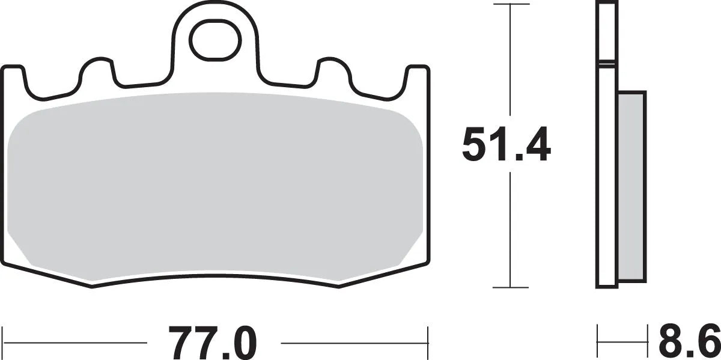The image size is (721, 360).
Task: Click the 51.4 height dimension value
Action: point(506,145)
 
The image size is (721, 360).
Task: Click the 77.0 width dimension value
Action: point(213,343)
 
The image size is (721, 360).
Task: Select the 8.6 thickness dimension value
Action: point(689,341)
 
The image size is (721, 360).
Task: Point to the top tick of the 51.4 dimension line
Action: point(510,5)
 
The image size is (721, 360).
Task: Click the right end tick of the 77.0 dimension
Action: point(427,343)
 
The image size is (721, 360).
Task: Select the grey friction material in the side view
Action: point(631,186)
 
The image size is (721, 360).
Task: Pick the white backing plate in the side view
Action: point(607,180)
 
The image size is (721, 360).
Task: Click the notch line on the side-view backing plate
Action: point(607,62)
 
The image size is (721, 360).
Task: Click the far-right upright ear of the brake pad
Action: point(417,78)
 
